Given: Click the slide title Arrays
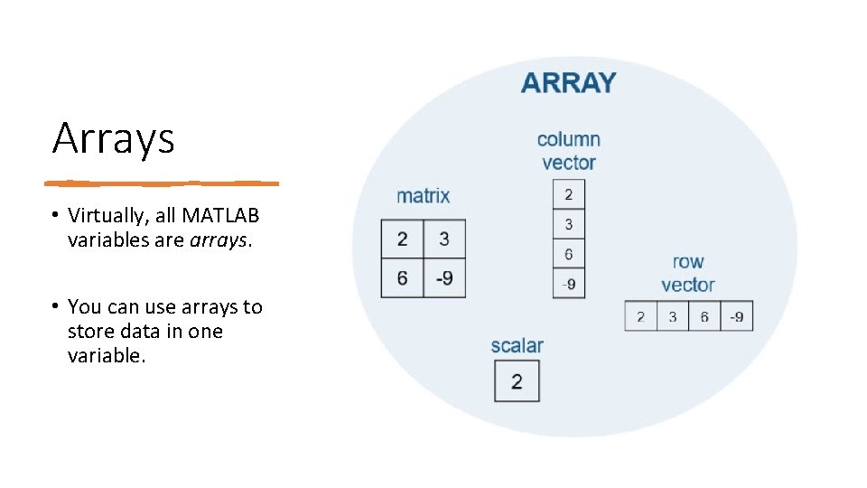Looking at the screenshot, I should coord(113,138).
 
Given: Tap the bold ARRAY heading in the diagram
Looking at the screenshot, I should coord(568,82).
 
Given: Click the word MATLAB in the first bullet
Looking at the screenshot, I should coord(220,216).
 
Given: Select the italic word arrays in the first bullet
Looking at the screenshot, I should coord(217,240).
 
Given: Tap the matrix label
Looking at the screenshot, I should coord(423,195).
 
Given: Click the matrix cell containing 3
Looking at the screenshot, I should coord(444,239).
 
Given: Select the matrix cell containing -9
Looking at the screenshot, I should coord(444,277).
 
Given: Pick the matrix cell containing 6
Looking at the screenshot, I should coord(402,277).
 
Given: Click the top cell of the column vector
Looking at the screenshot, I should coord(568,194).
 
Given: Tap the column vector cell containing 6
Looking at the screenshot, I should coord(568,254).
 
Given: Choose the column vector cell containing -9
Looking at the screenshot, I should coord(568,284).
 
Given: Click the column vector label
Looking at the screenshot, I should coord(568,151).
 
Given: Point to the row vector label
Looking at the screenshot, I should coord(688,273).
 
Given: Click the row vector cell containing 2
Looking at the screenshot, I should coord(640,316).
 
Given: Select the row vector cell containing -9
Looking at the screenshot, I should coord(737,316).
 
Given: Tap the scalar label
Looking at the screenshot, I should coord(517,345).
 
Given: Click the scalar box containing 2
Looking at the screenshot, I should coord(517,381).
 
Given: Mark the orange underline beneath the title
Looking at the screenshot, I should coord(163,183).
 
